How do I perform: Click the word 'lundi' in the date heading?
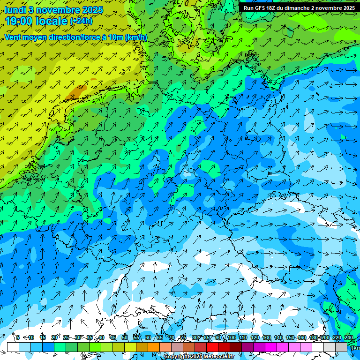pyautogui.click(x=15, y=10)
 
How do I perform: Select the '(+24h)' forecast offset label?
pyautogui.click(x=81, y=21)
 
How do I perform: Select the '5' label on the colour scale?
pyautogui.click(x=18, y=337)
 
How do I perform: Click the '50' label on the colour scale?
pyautogui.click(x=125, y=337)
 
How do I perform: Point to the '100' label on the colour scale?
pyautogui.click(x=232, y=337)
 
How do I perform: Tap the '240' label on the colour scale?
pyautogui.click(x=349, y=337)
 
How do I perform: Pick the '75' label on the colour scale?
pyautogui.click(x=183, y=337)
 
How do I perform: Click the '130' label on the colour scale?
pyautogui.click(x=267, y=337)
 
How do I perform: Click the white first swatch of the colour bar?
pyautogui.click(x=13, y=347)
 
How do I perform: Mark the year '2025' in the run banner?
pyautogui.click(x=346, y=8)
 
